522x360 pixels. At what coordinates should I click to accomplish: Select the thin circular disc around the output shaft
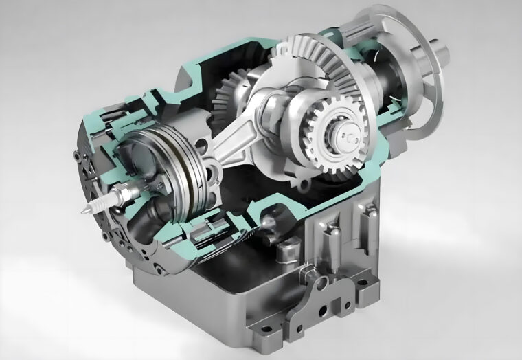(412, 89)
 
